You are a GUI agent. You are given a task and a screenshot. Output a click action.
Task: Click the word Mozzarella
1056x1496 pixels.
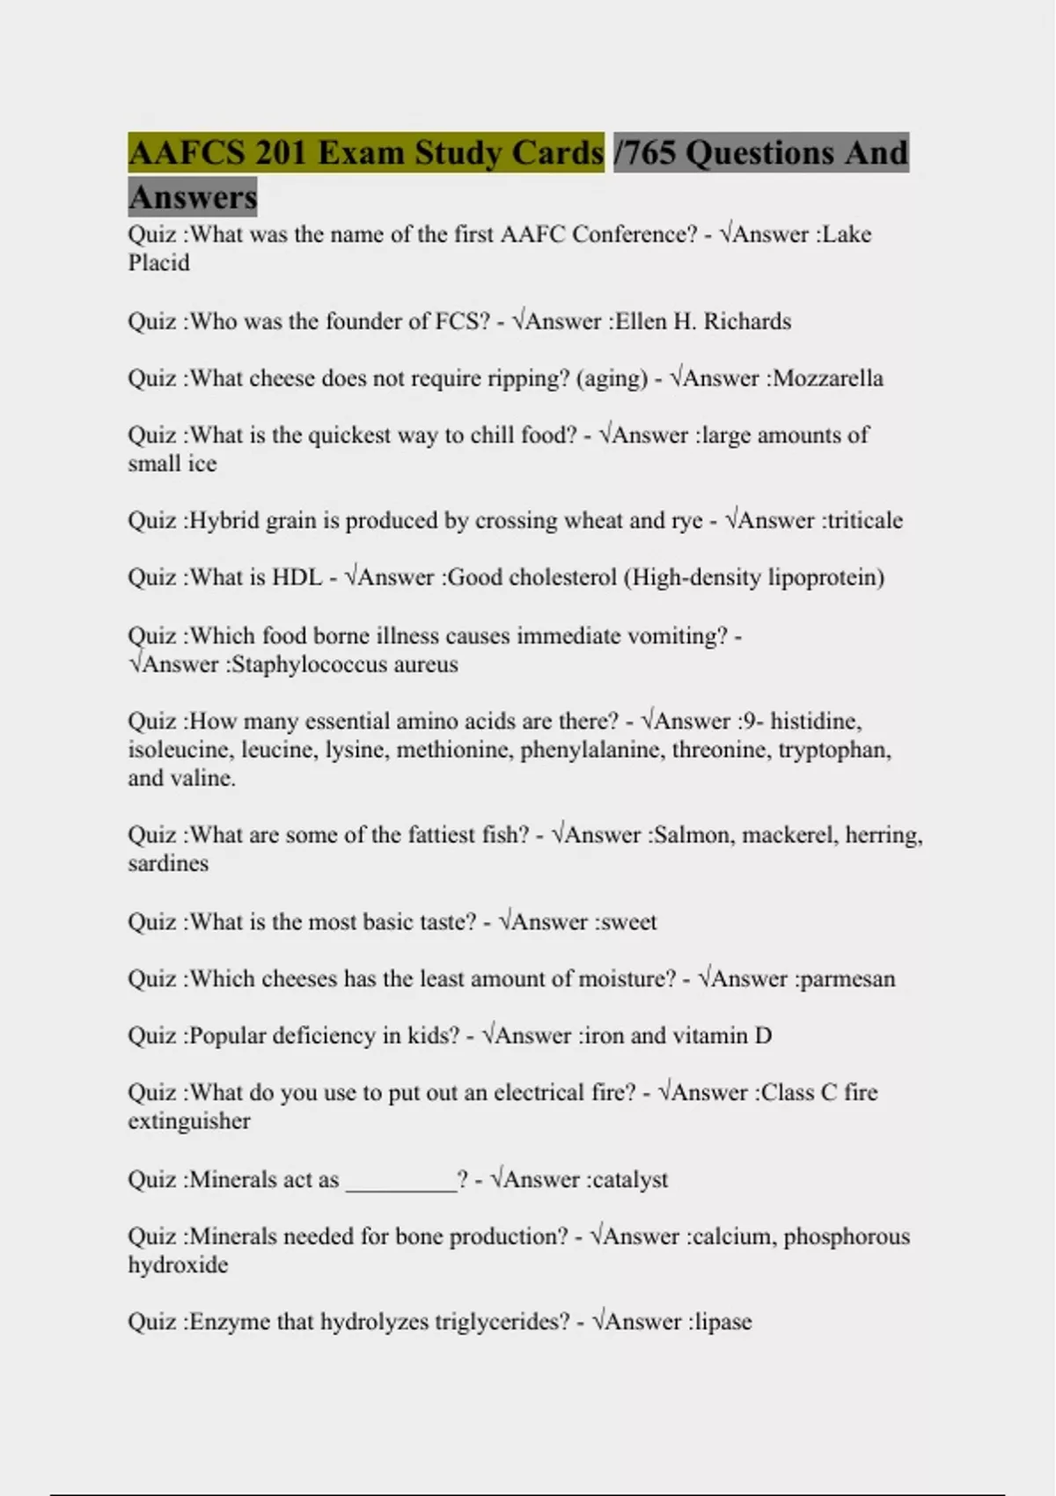click(827, 378)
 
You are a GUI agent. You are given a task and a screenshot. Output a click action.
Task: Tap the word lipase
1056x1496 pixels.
click(723, 1322)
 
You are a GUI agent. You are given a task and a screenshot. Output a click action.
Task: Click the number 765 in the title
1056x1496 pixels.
click(649, 152)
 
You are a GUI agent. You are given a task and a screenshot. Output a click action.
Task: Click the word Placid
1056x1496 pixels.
click(158, 263)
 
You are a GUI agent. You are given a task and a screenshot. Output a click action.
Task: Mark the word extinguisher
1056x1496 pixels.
click(189, 1121)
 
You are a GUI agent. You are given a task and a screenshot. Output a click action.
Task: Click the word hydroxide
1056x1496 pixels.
click(178, 1265)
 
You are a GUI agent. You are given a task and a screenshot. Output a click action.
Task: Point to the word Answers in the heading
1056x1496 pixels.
click(193, 196)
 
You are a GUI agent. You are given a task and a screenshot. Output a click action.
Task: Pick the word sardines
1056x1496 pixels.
click(168, 863)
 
